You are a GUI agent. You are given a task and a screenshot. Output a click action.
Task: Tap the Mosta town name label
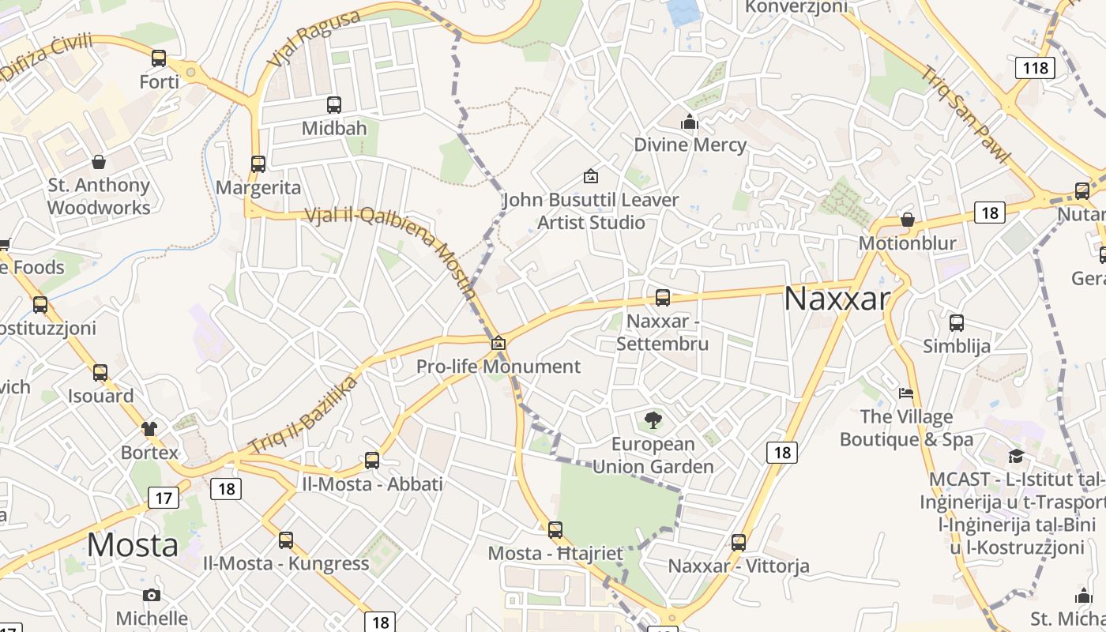(x=133, y=545)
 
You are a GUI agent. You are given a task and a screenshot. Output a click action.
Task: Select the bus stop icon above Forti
(x=159, y=58)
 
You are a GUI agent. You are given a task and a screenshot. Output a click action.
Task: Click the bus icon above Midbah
(x=334, y=104)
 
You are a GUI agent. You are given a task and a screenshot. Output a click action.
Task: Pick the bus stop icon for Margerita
(x=258, y=164)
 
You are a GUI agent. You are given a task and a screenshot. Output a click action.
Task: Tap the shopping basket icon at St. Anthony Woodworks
(x=99, y=162)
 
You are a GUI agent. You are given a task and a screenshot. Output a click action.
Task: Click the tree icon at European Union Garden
(x=653, y=420)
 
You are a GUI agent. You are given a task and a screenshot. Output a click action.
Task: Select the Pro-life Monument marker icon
(x=498, y=343)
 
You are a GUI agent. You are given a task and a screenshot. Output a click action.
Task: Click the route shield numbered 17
(x=164, y=498)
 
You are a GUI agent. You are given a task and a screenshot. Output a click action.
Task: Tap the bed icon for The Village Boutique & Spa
(x=906, y=393)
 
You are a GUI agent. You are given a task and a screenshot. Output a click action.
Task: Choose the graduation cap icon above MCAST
(x=1016, y=456)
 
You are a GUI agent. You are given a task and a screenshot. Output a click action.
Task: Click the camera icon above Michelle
(x=152, y=595)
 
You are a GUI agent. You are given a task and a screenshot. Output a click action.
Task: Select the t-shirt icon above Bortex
(x=149, y=429)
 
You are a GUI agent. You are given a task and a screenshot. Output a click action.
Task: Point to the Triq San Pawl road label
(x=965, y=115)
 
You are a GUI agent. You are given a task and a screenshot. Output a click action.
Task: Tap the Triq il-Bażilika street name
(x=303, y=416)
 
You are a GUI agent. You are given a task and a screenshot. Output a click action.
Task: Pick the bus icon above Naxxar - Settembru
(x=663, y=298)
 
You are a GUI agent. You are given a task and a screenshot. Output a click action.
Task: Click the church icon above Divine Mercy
(x=690, y=122)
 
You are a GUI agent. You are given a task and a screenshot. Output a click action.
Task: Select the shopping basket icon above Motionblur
(x=908, y=220)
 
